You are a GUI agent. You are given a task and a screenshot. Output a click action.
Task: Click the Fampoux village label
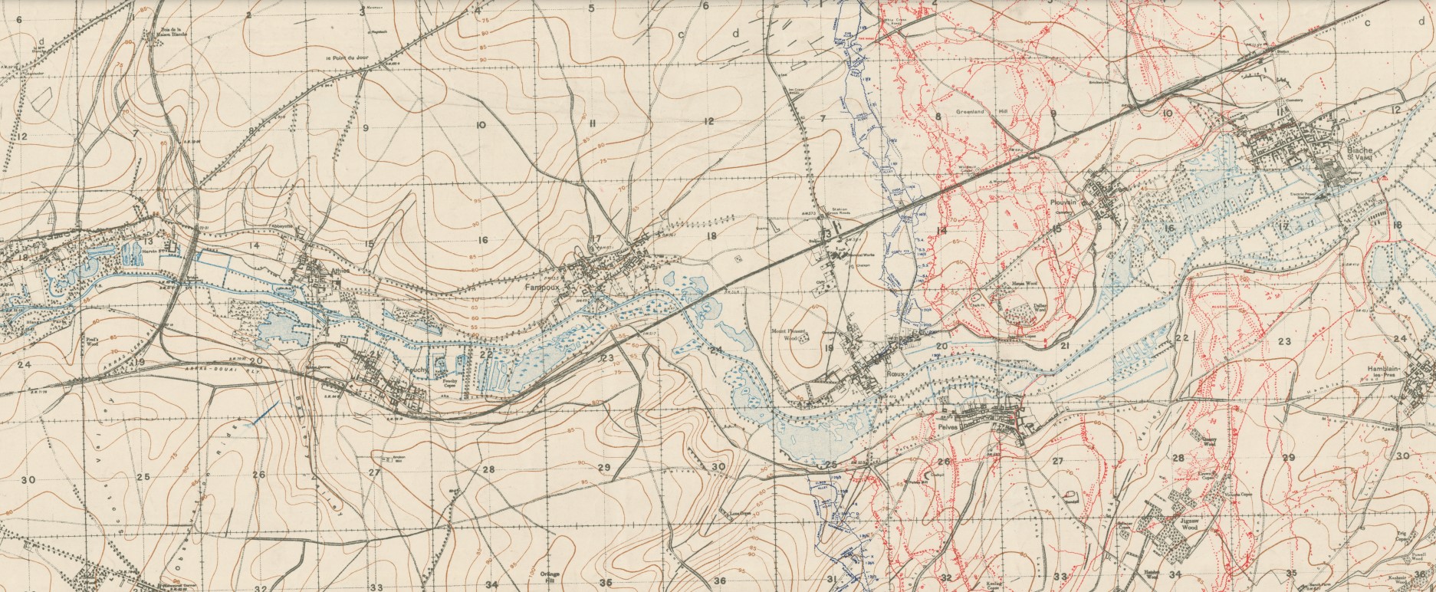click(x=539, y=286)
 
